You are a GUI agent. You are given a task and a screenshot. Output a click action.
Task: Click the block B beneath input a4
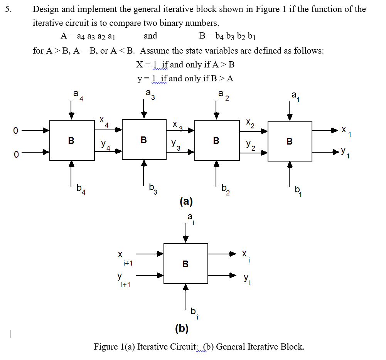(72, 140)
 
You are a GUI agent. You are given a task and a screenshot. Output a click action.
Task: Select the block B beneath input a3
(144, 140)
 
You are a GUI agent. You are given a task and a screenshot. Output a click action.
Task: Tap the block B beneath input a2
(216, 140)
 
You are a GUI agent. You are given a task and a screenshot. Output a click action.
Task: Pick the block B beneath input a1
(290, 141)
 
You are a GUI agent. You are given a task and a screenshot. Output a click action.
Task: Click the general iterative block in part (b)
(185, 264)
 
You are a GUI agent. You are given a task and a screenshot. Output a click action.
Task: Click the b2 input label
(226, 189)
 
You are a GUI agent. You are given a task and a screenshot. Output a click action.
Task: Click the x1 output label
(346, 132)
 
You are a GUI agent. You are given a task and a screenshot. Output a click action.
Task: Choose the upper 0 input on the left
(15, 131)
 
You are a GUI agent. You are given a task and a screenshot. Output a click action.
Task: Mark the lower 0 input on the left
(15, 154)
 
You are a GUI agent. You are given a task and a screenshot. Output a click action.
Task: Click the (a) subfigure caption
(186, 201)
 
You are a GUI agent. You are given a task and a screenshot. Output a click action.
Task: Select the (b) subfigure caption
(182, 328)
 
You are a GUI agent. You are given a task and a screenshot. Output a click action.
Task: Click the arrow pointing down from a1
(290, 111)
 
